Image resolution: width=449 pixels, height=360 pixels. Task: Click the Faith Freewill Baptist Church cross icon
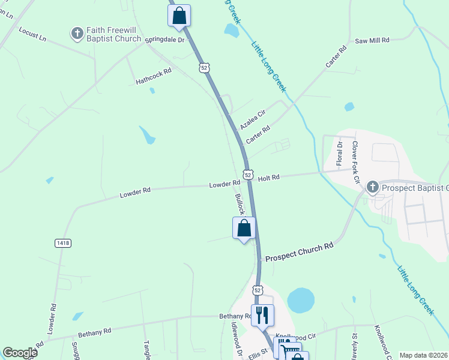(x=77, y=34)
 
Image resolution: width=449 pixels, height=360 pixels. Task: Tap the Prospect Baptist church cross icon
(x=372, y=187)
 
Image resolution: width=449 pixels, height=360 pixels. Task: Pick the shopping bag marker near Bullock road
(x=244, y=228)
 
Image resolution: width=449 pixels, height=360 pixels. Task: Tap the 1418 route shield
(x=62, y=243)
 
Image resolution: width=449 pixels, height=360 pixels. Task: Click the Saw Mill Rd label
(x=372, y=40)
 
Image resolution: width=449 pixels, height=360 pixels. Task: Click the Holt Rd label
(x=268, y=178)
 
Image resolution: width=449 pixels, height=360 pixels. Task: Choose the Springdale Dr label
(x=163, y=39)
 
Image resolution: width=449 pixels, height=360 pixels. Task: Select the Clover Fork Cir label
(x=356, y=163)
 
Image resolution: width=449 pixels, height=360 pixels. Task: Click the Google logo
(x=20, y=353)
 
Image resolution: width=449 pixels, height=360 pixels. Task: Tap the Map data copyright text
(x=423, y=355)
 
